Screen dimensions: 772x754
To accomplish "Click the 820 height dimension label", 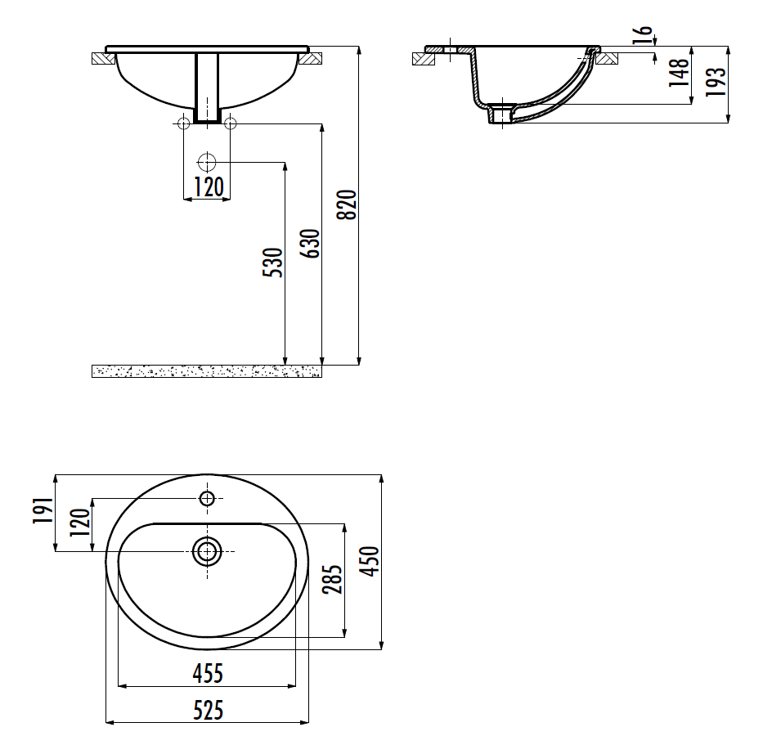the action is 347,204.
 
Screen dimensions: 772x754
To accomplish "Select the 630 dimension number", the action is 310,243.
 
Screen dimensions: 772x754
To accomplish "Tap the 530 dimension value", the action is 273,263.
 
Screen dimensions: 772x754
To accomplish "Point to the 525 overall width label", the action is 208,710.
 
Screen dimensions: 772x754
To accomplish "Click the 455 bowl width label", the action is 208,673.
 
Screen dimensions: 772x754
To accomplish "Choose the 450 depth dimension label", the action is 370,561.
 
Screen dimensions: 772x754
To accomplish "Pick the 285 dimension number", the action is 332,579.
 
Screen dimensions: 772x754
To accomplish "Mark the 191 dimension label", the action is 43,510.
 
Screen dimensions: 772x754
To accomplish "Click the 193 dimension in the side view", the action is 716,81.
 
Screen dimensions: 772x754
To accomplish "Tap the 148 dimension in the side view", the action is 679,72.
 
